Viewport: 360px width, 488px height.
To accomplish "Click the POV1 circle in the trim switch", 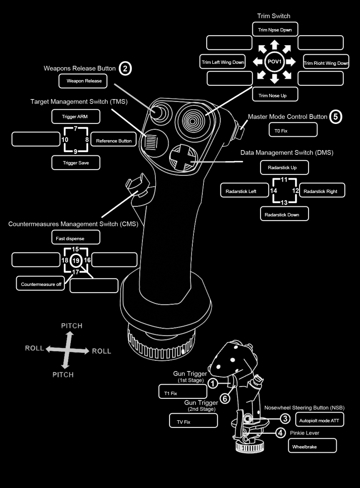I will [x=274, y=62].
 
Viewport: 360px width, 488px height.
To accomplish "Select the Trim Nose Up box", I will [x=275, y=95].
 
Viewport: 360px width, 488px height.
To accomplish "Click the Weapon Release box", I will [x=84, y=81].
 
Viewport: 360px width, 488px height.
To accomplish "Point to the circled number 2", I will [x=125, y=69].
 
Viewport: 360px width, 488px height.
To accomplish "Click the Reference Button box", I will [x=114, y=141].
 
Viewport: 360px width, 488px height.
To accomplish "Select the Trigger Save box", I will [x=76, y=163].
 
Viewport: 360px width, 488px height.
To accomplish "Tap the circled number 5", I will [x=336, y=117].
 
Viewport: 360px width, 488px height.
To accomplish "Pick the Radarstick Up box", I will [x=284, y=167].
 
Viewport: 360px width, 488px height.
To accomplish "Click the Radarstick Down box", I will [x=284, y=214].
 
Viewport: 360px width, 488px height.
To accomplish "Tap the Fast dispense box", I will [x=76, y=237].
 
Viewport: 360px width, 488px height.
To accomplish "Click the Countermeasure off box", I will [x=41, y=284].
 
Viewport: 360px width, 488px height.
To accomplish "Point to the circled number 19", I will [x=76, y=261].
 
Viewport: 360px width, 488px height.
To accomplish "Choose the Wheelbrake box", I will [x=312, y=446].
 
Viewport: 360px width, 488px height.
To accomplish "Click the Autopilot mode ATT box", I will [x=319, y=420].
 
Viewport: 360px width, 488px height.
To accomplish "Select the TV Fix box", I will [x=193, y=421].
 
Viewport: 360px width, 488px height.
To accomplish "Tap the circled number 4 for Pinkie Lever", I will [x=281, y=433].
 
